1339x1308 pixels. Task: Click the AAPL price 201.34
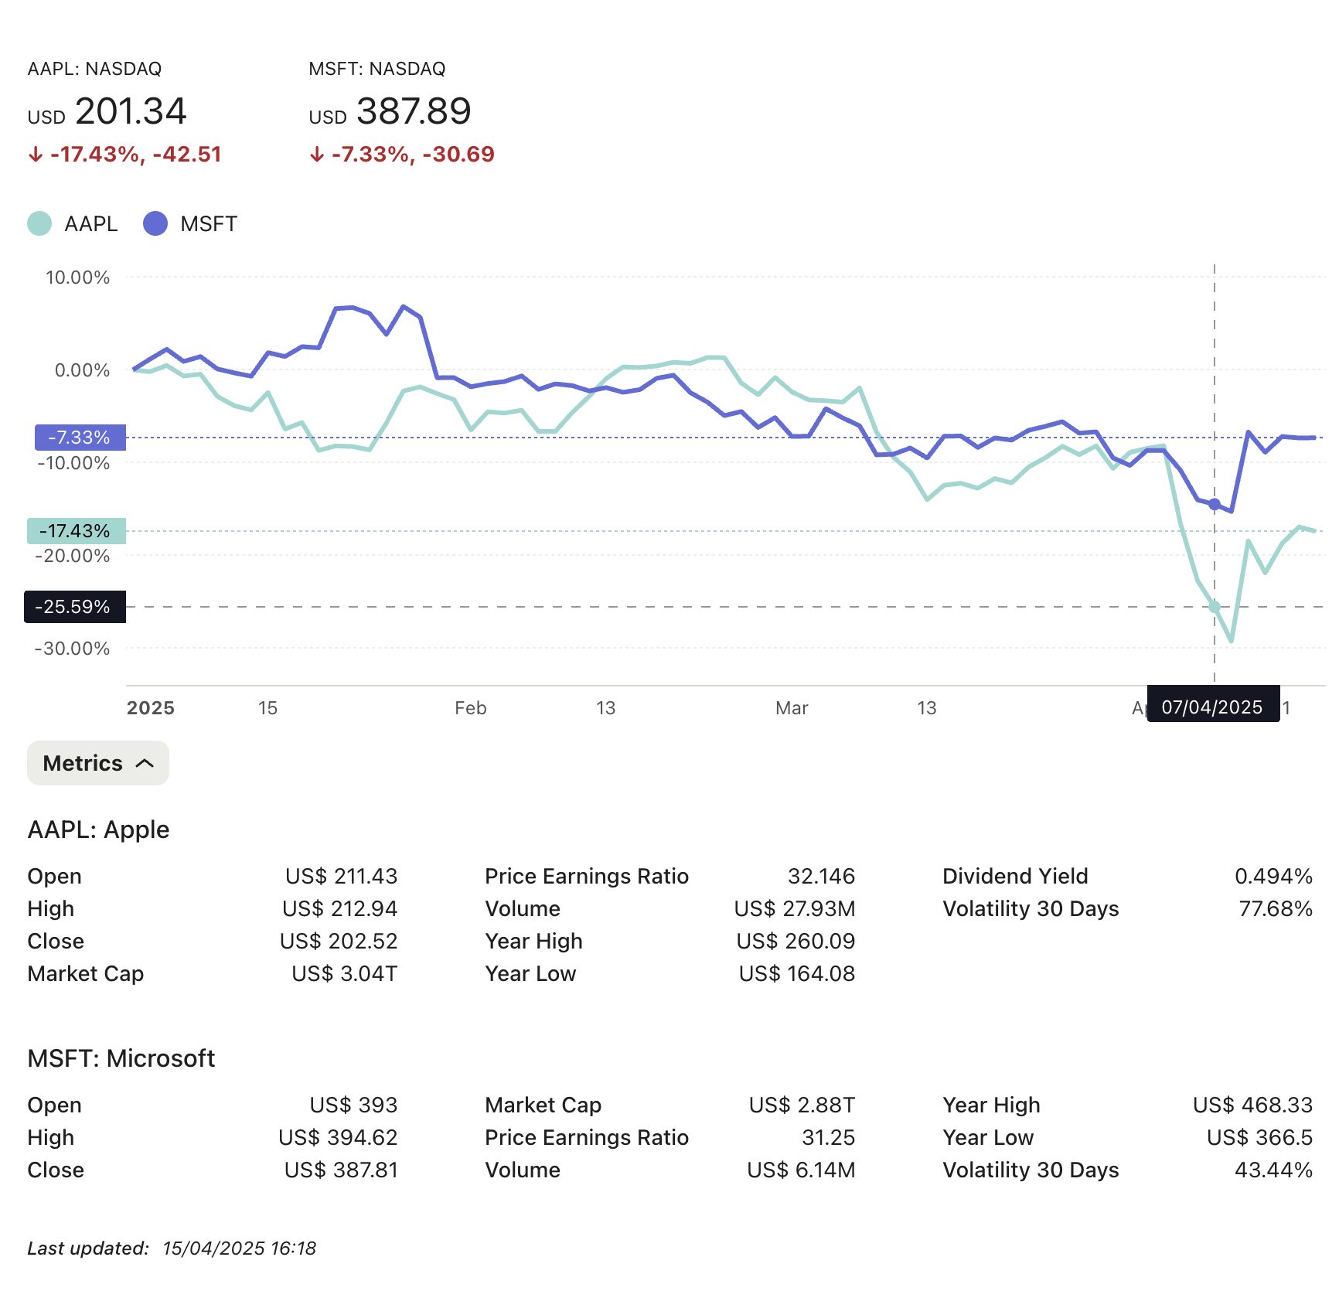coord(130,111)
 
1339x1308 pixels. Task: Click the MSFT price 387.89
coord(413,111)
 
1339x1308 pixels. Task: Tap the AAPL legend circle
coord(39,223)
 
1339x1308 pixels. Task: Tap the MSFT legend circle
coord(155,223)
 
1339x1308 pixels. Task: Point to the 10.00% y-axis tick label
coord(77,278)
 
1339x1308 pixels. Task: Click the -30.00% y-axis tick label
coord(73,649)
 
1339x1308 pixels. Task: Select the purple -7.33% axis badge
coord(80,438)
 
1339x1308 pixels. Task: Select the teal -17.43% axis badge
coord(76,531)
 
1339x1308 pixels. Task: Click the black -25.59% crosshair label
coord(74,607)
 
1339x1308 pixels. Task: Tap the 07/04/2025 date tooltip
coord(1212,707)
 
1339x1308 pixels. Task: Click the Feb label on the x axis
coord(470,708)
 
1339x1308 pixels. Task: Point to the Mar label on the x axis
coord(792,708)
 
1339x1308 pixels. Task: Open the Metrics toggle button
coord(98,763)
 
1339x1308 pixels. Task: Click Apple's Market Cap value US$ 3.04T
coord(344,973)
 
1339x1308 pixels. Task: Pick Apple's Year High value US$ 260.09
coord(796,941)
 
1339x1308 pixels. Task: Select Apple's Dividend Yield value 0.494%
coord(1273,876)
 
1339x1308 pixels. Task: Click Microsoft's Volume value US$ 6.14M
coord(801,1170)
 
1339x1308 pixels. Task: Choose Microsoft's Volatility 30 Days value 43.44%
coord(1273,1170)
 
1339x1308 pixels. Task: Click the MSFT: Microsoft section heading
coord(121,1058)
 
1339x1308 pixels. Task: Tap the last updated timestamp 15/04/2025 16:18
coord(239,1248)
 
